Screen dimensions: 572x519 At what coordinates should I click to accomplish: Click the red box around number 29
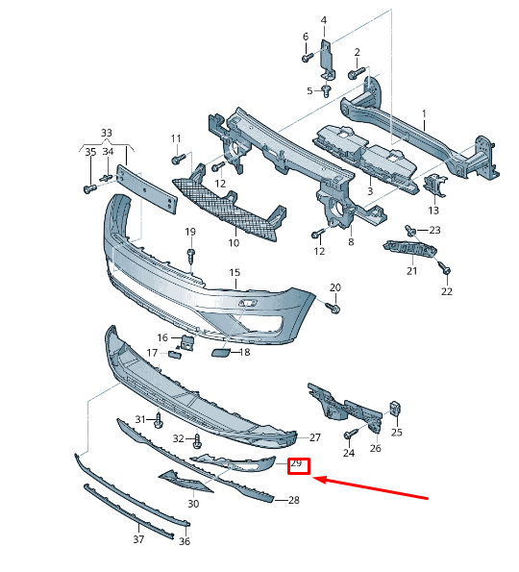pos(297,465)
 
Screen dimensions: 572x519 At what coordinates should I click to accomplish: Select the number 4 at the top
pos(323,20)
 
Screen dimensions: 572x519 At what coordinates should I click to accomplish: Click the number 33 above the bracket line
pos(106,133)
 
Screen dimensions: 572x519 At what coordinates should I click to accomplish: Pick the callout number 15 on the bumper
pos(234,273)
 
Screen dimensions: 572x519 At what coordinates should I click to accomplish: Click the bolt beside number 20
pos(332,308)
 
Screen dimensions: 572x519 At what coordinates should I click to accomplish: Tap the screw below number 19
pos(191,254)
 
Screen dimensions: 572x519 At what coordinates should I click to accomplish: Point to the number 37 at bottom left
pos(137,540)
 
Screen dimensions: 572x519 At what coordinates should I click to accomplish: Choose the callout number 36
pos(185,541)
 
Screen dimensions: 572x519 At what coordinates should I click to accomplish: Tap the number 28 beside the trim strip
pos(293,500)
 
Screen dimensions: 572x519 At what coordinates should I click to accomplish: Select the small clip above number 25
pos(394,408)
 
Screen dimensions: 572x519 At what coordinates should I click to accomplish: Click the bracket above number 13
pos(435,187)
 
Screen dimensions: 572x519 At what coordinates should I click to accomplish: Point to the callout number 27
pos(314,437)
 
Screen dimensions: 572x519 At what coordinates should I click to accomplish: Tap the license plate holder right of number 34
pos(147,190)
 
